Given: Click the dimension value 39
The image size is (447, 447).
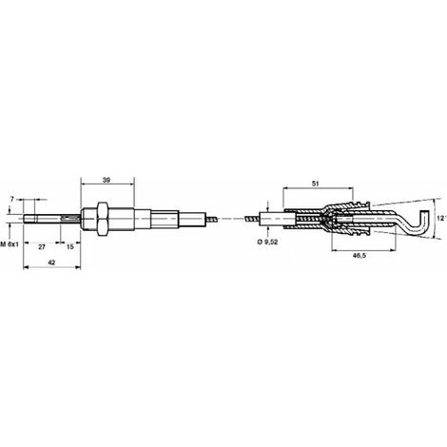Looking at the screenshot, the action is pyautogui.click(x=107, y=180).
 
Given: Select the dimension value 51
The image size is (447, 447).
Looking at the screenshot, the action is pyautogui.click(x=316, y=184).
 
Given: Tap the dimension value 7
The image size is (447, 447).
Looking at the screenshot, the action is pyautogui.click(x=12, y=199).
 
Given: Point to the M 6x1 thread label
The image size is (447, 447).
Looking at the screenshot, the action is pyautogui.click(x=10, y=244).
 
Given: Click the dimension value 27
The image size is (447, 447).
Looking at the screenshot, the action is pyautogui.click(x=42, y=247).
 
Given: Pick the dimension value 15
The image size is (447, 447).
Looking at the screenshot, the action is pyautogui.click(x=70, y=246).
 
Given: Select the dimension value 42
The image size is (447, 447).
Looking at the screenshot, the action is pyautogui.click(x=51, y=262).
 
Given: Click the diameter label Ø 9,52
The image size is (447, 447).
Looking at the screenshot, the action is pyautogui.click(x=267, y=243).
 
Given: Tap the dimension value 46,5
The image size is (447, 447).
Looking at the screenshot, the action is pyautogui.click(x=360, y=255).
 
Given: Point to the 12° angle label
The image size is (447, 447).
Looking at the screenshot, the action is pyautogui.click(x=441, y=219).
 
